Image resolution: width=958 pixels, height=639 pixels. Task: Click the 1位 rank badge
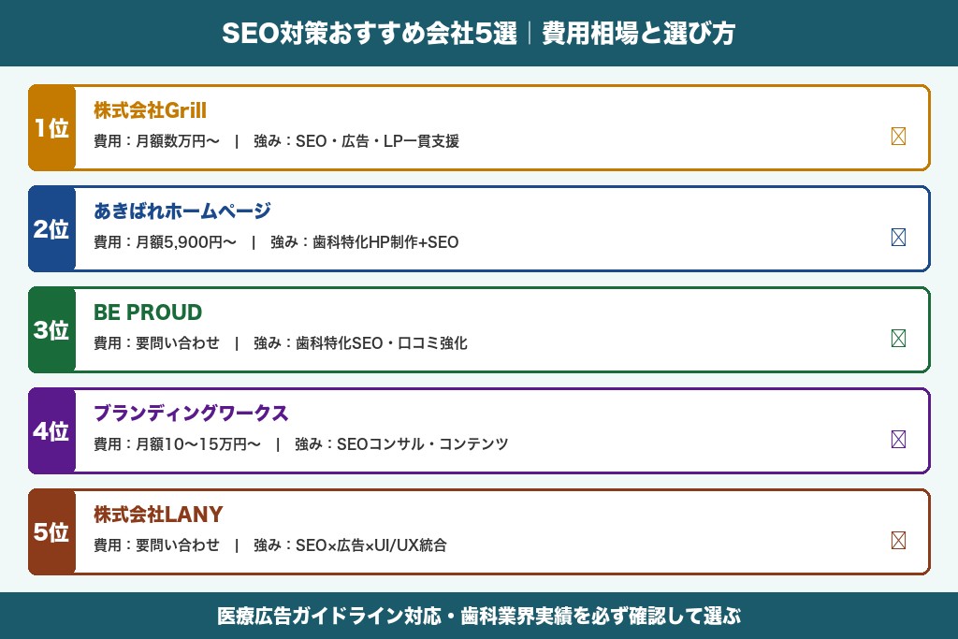click(x=51, y=128)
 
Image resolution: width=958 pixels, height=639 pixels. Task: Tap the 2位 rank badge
click(x=51, y=229)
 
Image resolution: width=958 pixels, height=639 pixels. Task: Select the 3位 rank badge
click(x=51, y=330)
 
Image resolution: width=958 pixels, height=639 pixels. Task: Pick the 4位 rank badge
click(x=51, y=431)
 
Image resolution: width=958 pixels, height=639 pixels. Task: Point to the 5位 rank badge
click(x=51, y=532)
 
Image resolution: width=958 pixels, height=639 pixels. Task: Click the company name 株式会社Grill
click(x=150, y=110)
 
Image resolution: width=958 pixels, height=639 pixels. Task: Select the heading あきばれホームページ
click(x=182, y=211)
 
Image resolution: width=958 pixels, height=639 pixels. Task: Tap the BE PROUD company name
click(x=148, y=312)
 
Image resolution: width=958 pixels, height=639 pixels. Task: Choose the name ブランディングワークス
click(x=191, y=414)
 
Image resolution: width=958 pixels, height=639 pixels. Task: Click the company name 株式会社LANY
click(x=158, y=515)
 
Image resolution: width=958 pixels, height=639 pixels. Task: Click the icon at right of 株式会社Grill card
click(x=898, y=137)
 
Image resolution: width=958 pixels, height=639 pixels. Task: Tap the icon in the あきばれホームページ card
click(x=898, y=238)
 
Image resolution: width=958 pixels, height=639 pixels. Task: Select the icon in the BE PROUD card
click(x=898, y=339)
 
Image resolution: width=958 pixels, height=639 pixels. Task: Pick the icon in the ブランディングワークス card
click(x=898, y=440)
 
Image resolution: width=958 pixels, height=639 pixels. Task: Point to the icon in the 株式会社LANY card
click(x=898, y=541)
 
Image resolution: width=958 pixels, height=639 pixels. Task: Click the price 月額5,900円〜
click(x=186, y=243)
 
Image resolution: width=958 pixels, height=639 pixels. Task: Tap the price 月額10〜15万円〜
click(x=198, y=444)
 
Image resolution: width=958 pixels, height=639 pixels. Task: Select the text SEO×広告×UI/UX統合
click(x=371, y=545)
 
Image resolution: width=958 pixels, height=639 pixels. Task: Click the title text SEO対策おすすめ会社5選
click(x=370, y=34)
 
